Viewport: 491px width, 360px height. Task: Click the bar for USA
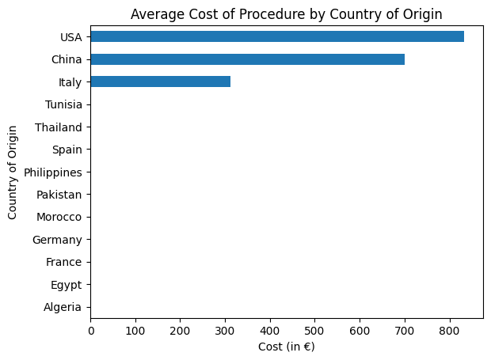277,36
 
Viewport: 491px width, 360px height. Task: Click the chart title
286,13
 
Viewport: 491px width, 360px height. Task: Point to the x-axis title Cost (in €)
287,347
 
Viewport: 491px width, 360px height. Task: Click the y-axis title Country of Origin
13,172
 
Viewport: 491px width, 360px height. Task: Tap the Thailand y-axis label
59,127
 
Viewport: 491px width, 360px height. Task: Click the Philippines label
53,172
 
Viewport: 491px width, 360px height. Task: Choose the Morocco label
59,217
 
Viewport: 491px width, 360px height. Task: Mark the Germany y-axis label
57,239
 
